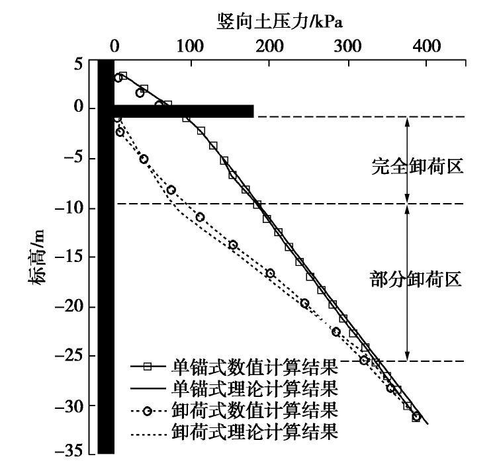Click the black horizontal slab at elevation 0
tap(183, 111)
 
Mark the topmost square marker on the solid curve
tap(122, 76)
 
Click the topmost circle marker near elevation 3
tap(118, 78)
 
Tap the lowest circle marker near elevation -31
tap(416, 417)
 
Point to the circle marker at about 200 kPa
tap(270, 273)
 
